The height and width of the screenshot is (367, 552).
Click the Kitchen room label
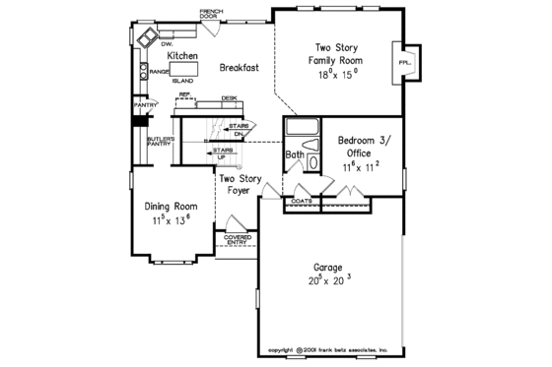tap(182, 56)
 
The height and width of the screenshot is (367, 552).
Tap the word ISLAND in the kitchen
tap(182, 81)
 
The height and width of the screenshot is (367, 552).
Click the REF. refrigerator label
tap(184, 94)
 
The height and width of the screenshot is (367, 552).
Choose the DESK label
tap(229, 97)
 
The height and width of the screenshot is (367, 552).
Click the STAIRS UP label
tap(224, 153)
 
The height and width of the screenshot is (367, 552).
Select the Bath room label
tap(295, 155)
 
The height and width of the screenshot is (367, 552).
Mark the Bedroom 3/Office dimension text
tap(362, 167)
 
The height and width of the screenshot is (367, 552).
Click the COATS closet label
tap(302, 201)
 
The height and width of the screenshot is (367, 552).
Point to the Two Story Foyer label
tap(239, 185)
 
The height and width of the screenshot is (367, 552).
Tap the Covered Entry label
tap(237, 240)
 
